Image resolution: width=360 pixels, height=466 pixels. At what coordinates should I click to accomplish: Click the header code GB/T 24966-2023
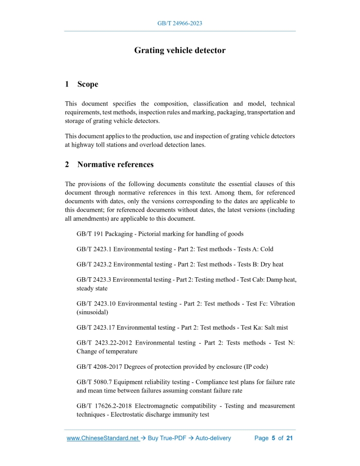coord(179,24)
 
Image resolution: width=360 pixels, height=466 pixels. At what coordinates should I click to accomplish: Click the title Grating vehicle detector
coord(179,50)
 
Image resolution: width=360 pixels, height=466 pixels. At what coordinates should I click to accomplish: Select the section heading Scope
coord(87,84)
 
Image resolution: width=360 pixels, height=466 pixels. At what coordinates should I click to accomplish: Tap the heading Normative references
coord(115,165)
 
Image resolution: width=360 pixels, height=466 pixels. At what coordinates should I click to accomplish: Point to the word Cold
coord(267,249)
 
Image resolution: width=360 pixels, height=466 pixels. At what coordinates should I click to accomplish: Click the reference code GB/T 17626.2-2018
coord(106,406)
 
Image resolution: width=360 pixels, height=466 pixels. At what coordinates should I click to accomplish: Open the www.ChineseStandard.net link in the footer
coord(103,438)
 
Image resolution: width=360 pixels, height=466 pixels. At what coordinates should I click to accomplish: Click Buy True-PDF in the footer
coord(168,438)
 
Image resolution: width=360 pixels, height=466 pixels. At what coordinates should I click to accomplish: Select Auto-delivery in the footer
coord(213,438)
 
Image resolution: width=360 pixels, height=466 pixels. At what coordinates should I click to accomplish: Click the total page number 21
coord(290,438)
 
